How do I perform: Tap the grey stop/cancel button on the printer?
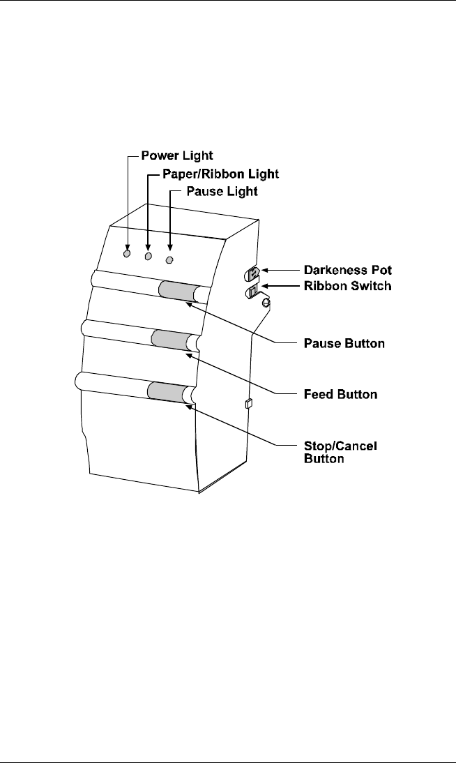pos(165,391)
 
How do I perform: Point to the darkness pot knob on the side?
pos(254,272)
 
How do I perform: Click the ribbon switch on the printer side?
pos(254,289)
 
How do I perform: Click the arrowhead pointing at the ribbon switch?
pos(266,285)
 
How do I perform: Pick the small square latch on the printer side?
pos(248,403)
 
